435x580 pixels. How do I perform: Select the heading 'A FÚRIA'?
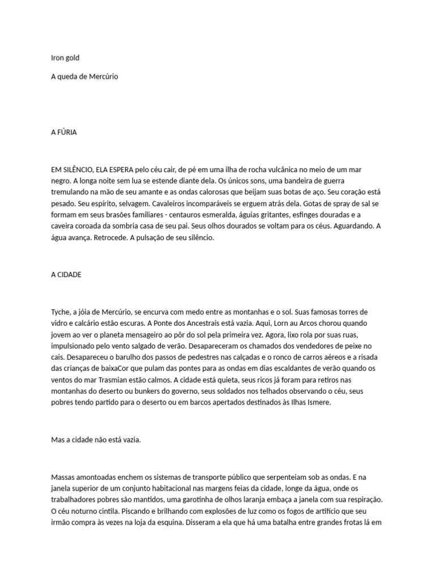[63, 132]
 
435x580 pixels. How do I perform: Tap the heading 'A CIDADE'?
[66, 274]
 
